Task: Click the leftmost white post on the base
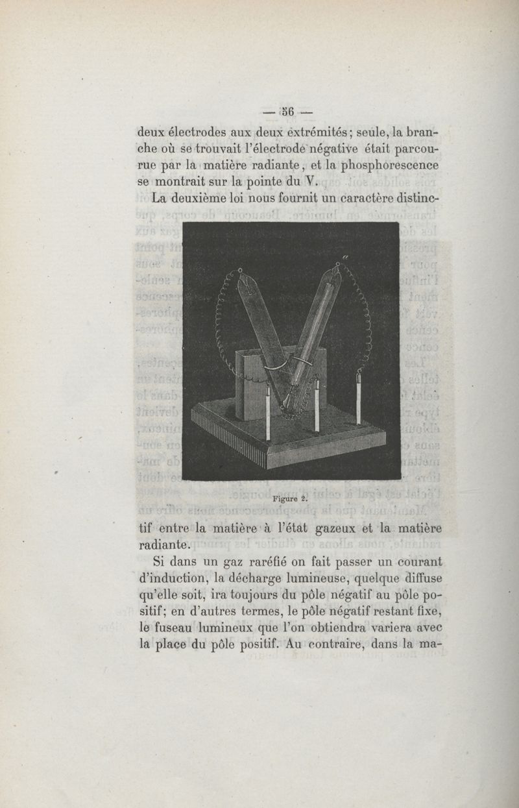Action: pyautogui.click(x=268, y=415)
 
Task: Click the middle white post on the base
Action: pyautogui.click(x=317, y=407)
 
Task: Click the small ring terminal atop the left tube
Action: pyautogui.click(x=240, y=269)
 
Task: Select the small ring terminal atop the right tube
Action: pyautogui.click(x=339, y=264)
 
